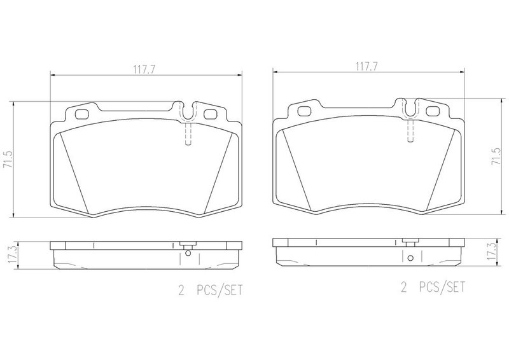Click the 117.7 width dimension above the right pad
(367, 67)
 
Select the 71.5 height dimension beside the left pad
(8, 160)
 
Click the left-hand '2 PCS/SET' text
(210, 290)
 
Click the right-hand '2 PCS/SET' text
(433, 287)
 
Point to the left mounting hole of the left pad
(81, 114)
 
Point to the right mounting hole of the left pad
(211, 114)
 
